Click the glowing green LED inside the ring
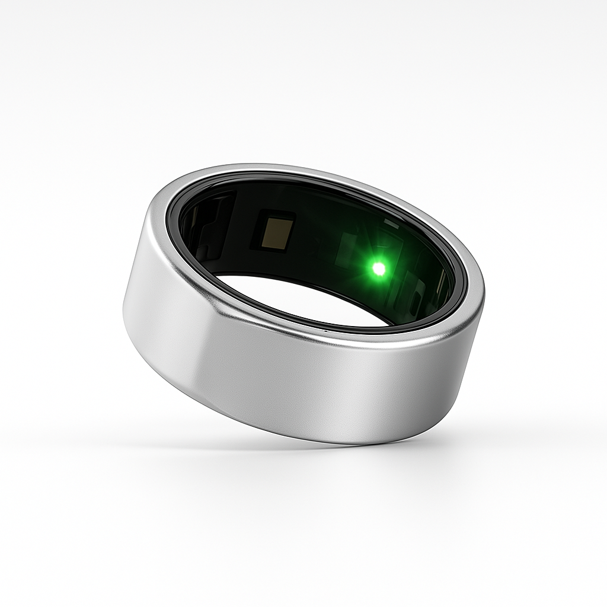(379, 269)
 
